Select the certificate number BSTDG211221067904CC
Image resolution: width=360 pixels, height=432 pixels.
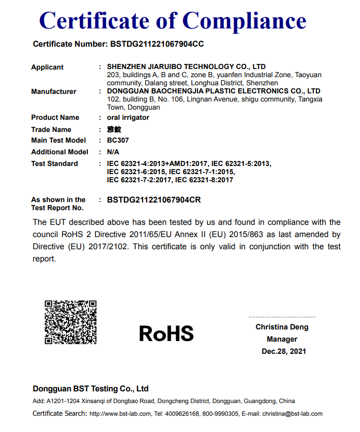(157, 44)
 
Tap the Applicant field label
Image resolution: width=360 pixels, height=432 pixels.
(47, 67)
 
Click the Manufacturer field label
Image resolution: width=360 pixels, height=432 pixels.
(54, 91)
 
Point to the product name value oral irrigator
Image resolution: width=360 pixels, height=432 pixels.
(128, 117)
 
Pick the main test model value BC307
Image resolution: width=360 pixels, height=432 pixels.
(118, 140)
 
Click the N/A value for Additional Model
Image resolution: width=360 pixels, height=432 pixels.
(114, 152)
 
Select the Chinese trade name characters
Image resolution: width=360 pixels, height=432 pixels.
(114, 129)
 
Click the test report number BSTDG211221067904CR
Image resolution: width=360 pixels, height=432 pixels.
(154, 200)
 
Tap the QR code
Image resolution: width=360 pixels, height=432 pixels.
(71, 322)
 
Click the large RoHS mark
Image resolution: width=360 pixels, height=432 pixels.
(166, 334)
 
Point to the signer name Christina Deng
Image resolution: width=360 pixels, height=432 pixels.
(282, 327)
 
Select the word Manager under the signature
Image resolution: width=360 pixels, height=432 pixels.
(282, 339)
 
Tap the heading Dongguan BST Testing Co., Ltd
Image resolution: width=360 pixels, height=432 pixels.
(91, 389)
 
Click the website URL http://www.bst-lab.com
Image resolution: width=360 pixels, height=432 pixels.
(120, 414)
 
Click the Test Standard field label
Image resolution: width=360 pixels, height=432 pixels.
(54, 163)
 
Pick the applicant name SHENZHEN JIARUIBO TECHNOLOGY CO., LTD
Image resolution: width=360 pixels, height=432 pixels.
(186, 67)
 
